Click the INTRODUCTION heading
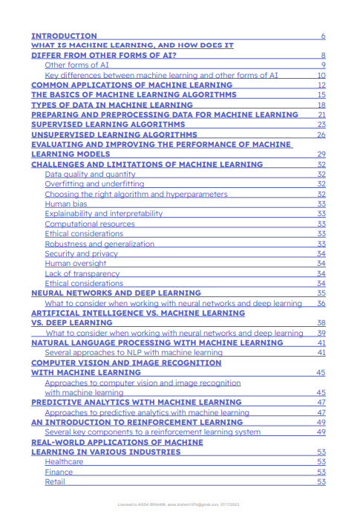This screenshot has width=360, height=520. click(x=64, y=36)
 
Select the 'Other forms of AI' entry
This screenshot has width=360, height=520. click(x=76, y=65)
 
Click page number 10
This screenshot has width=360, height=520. click(x=321, y=75)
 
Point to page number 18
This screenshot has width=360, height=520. click(x=321, y=105)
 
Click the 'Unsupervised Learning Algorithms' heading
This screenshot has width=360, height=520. click(x=114, y=135)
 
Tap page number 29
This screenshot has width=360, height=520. click(x=321, y=155)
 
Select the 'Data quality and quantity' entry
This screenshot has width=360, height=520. click(x=90, y=174)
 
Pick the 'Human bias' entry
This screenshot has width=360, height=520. click(x=66, y=204)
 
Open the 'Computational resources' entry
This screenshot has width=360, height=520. click(x=90, y=224)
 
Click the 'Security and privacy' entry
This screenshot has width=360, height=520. click(x=81, y=253)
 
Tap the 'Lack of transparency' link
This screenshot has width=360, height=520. click(x=82, y=273)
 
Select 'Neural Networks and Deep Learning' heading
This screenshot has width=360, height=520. click(x=116, y=293)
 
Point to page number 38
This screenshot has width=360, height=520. click(x=321, y=323)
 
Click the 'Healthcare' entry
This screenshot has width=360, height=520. click(x=64, y=462)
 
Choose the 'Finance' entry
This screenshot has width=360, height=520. click(x=59, y=472)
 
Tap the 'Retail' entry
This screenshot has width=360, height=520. click(x=55, y=481)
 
